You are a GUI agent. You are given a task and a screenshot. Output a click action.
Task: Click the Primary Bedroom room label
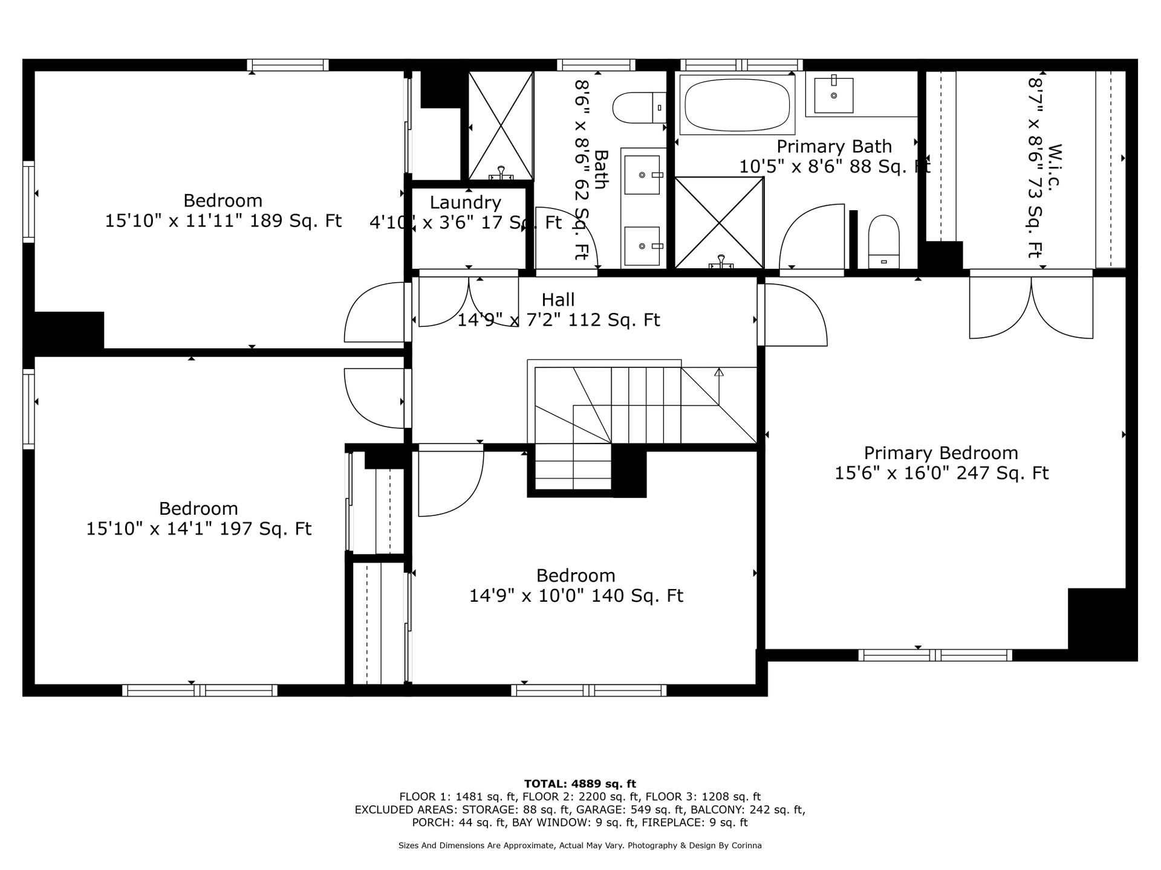click(x=941, y=453)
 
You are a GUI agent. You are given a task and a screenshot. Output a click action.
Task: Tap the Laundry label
click(x=465, y=202)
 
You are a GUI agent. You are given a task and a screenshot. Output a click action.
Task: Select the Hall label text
click(x=558, y=299)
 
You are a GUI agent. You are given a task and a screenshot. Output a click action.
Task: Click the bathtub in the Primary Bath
click(x=737, y=105)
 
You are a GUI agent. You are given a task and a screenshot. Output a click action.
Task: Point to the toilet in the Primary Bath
click(x=883, y=242)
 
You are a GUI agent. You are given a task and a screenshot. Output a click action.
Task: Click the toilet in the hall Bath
click(x=639, y=108)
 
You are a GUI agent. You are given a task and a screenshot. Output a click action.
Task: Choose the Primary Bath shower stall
click(x=719, y=222)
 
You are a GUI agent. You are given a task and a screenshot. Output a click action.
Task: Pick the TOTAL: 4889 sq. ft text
click(x=580, y=784)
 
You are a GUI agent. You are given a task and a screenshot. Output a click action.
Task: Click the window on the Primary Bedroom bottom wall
click(x=935, y=655)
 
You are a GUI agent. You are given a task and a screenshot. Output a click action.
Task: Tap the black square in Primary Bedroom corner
click(x=1102, y=625)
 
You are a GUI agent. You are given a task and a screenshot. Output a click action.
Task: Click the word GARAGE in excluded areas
click(x=597, y=810)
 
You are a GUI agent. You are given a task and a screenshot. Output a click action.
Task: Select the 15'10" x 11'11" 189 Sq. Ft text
click(x=224, y=221)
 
